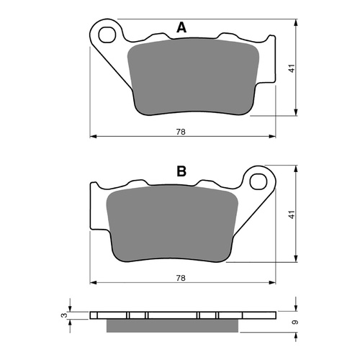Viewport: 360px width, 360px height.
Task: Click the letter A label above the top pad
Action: [181, 28]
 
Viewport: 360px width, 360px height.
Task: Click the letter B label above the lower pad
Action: [181, 171]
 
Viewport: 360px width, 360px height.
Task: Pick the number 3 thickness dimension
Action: [64, 315]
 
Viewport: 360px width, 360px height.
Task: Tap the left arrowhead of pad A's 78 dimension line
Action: [92, 135]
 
